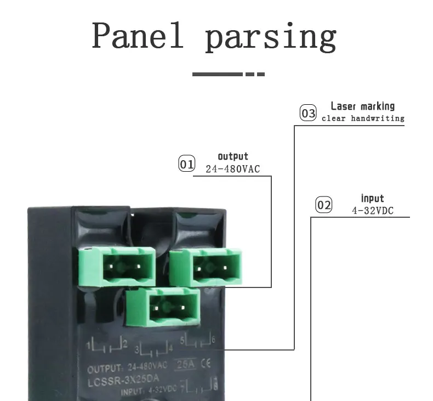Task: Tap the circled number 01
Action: tap(187, 163)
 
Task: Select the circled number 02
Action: tap(324, 205)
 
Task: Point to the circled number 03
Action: tap(308, 113)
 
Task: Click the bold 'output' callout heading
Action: tap(233, 156)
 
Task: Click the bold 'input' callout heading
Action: tap(372, 199)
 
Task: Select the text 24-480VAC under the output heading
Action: tap(232, 169)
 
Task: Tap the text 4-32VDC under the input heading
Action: tap(372, 211)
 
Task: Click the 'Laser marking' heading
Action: tap(362, 106)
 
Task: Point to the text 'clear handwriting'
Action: tap(363, 118)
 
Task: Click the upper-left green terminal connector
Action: tap(118, 267)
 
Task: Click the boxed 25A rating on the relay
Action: tap(183, 365)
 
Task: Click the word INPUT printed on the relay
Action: tap(131, 391)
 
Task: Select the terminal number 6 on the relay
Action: tap(213, 341)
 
